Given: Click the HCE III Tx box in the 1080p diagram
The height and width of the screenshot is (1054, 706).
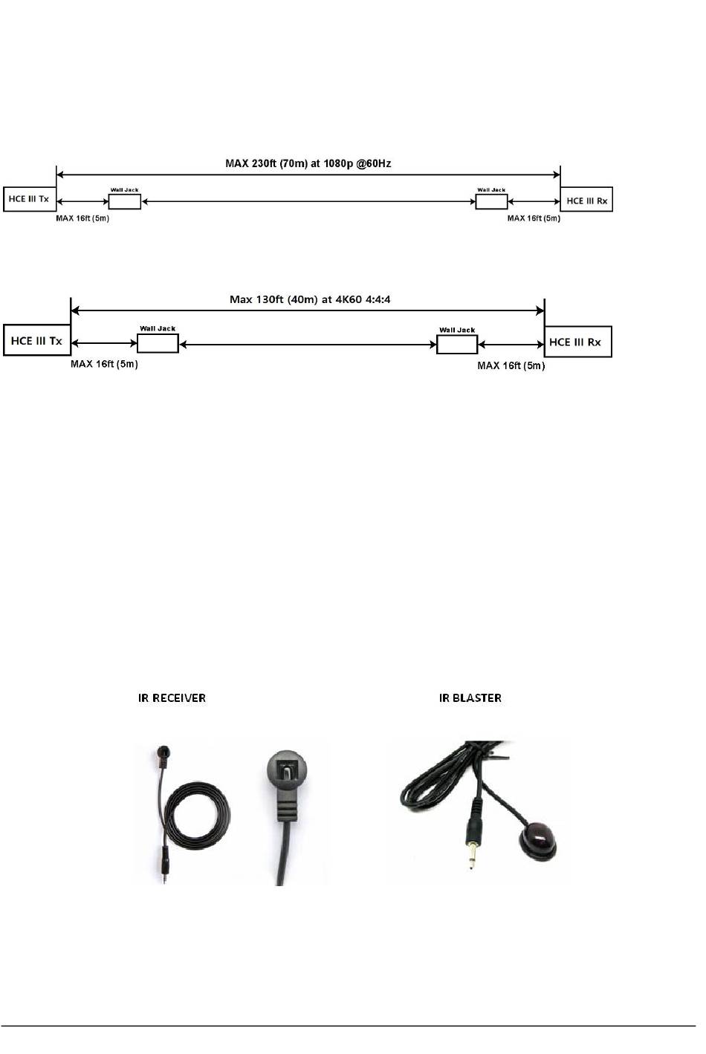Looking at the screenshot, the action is point(29,200).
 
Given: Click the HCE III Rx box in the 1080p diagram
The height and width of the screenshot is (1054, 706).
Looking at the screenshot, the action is point(586,201).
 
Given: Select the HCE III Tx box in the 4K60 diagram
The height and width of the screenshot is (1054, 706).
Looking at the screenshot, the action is point(36,342).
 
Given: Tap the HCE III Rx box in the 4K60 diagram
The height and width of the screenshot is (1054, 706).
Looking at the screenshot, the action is point(577,342).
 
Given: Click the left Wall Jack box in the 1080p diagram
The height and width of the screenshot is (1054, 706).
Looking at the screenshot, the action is point(124,201).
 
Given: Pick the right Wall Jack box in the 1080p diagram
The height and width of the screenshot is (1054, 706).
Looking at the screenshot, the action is point(491,201).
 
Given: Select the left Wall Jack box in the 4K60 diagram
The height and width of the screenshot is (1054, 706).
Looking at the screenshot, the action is point(158,343).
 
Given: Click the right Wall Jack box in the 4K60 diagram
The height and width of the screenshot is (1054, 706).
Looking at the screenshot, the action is point(456,345).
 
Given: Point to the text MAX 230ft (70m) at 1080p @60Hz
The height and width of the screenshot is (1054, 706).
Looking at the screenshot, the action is point(308,162).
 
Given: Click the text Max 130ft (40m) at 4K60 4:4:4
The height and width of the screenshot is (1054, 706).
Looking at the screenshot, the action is point(310,300).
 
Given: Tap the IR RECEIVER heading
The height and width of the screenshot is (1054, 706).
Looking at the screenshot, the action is point(172,698).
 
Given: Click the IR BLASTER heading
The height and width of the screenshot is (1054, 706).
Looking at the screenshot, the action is point(470,698).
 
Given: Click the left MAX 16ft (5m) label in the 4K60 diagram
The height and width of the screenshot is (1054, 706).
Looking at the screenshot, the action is point(104,364).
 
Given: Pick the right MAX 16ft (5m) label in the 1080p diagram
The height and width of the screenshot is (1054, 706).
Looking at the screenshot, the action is point(534,218).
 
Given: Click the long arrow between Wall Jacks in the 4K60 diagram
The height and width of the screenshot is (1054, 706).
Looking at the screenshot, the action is point(308,344).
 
